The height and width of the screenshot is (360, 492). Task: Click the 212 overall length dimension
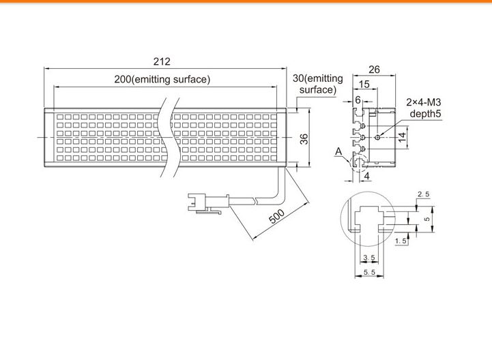pos(162,61)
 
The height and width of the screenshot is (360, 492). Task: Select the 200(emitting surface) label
pos(162,79)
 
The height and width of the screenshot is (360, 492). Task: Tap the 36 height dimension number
pos(304,139)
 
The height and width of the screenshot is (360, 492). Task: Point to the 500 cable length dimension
pos(277,216)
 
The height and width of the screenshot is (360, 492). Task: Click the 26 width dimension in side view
pos(374,70)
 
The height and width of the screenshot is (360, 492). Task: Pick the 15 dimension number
pos(364,84)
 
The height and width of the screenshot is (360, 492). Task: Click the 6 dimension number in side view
pos(358,100)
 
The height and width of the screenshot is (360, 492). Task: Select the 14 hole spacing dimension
pos(402,137)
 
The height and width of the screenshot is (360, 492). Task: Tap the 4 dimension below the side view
pos(366,176)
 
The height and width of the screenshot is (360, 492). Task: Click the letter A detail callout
pos(338,152)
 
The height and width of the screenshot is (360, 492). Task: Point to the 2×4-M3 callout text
pos(424,102)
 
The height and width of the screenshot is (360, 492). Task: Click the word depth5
pos(426,113)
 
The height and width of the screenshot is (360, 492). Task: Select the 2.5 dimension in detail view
pos(423,194)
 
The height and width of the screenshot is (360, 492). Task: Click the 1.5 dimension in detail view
pos(401,241)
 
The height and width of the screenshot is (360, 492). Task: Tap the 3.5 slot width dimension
pos(369,258)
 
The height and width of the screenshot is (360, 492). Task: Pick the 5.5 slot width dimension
pos(369,272)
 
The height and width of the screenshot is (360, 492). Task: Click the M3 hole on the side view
pos(378,137)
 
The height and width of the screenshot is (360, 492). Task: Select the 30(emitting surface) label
pos(317,84)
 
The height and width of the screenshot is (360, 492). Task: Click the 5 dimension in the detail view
pos(426,219)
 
